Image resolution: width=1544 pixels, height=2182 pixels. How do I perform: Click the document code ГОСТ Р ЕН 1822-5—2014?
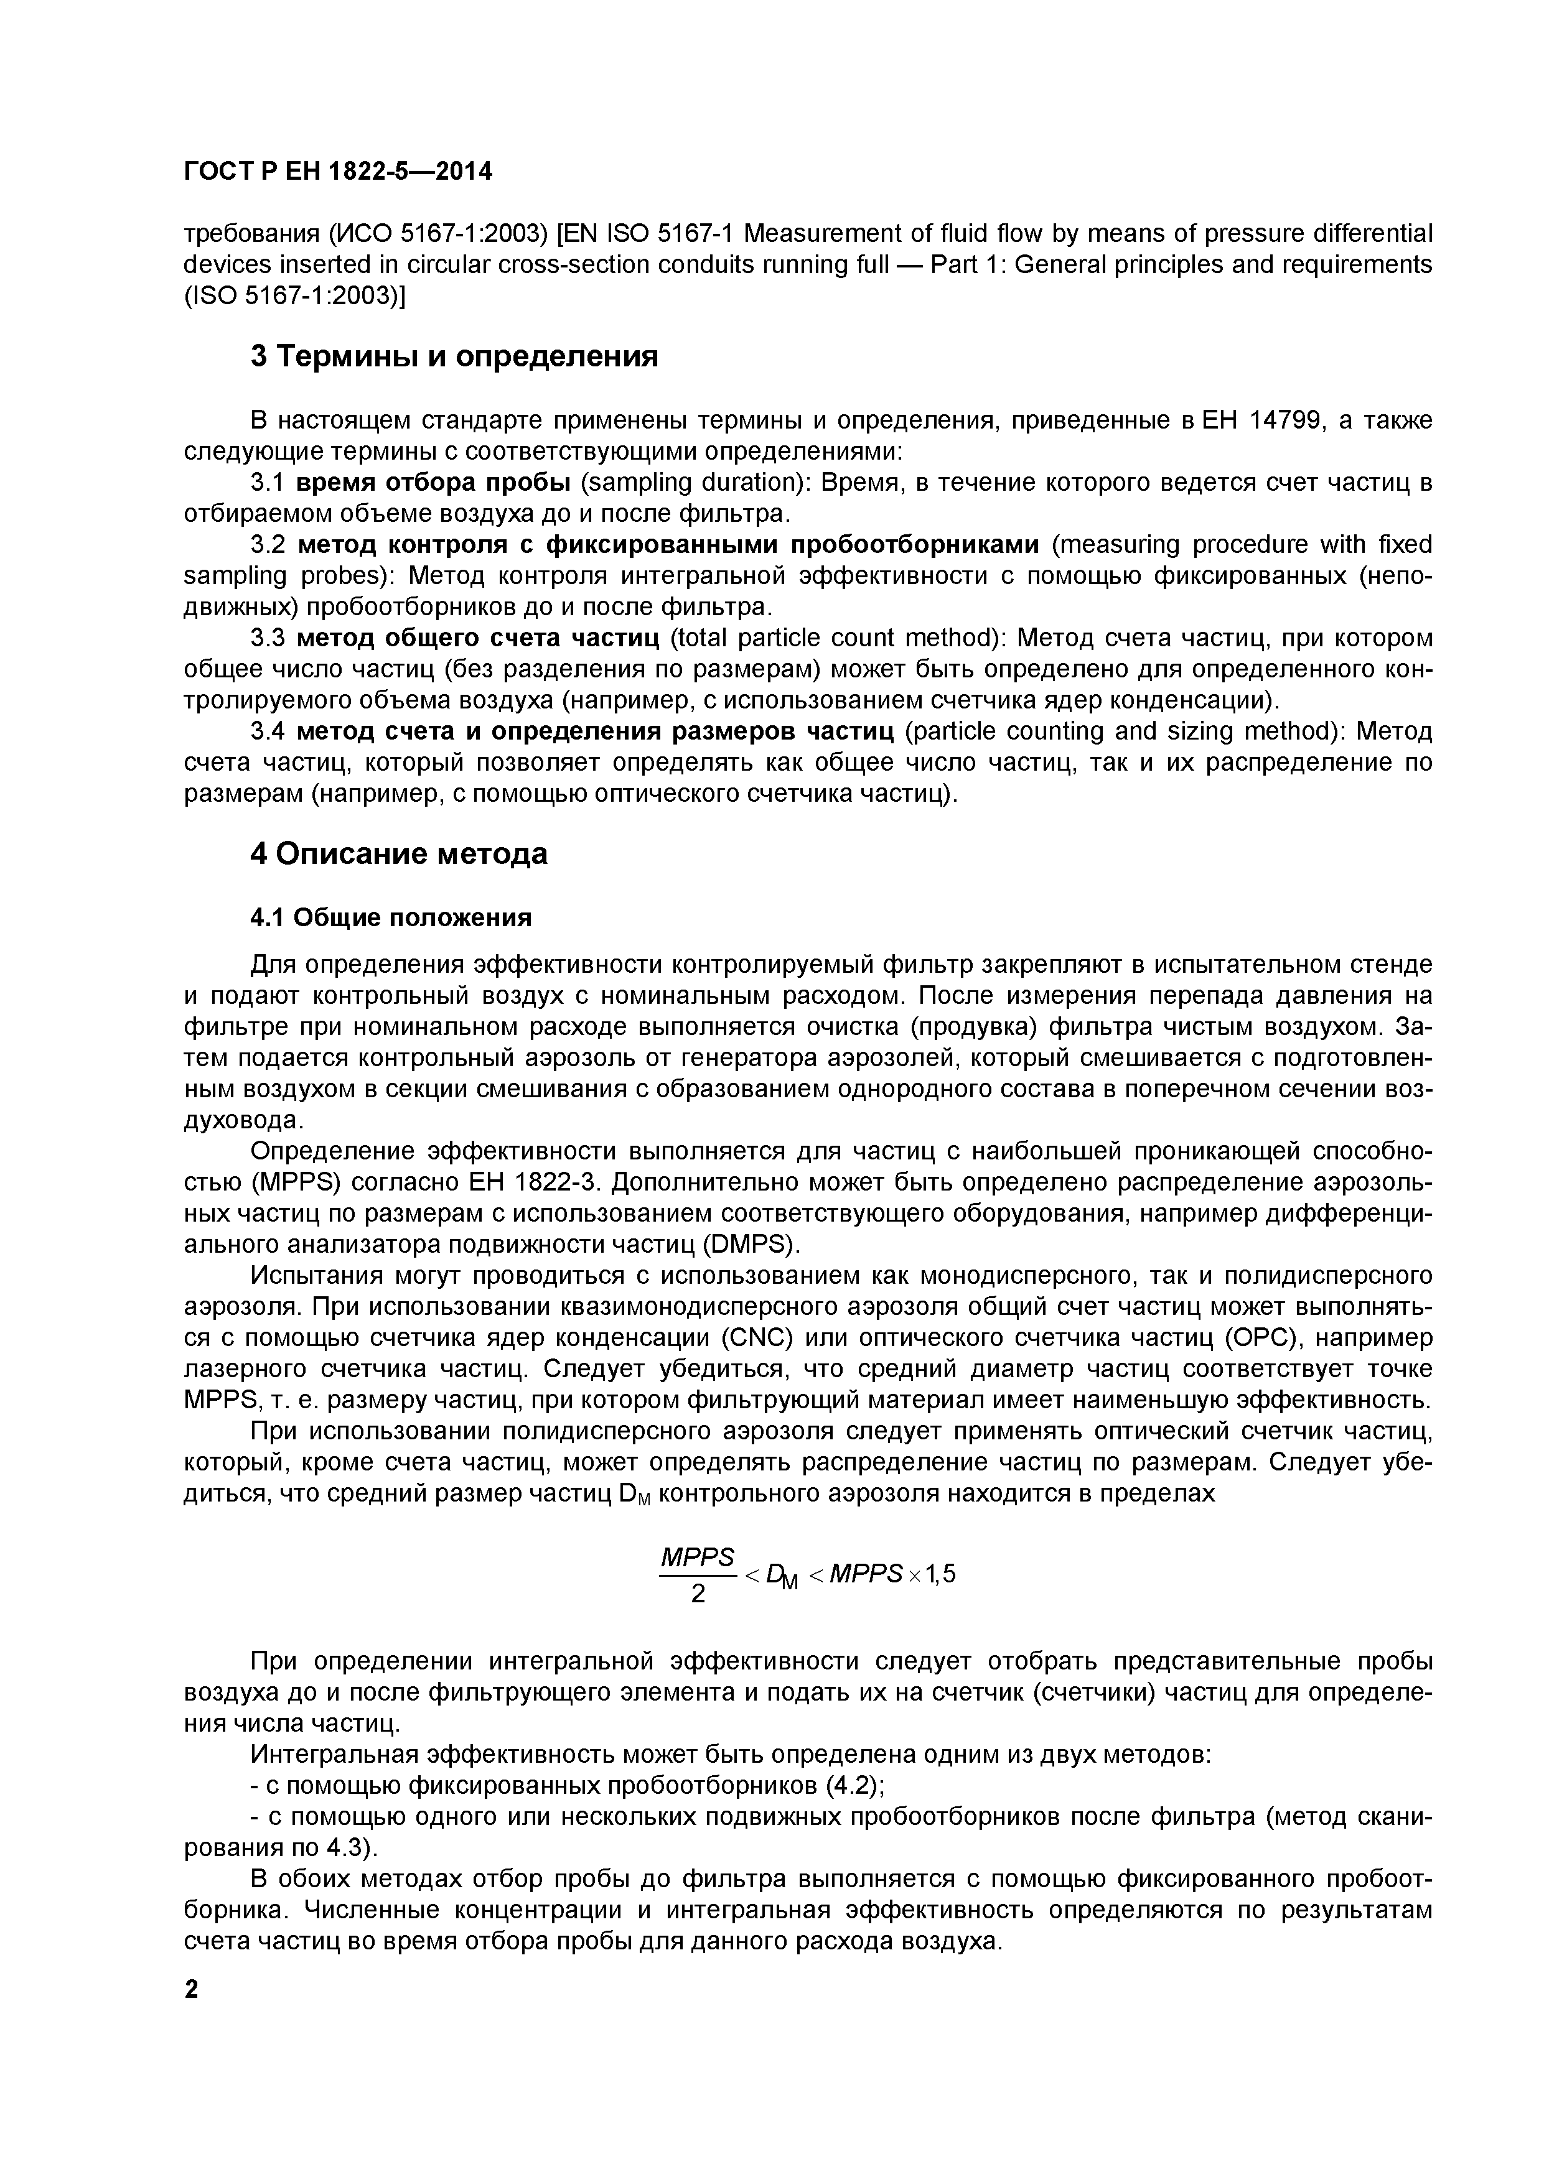point(337,172)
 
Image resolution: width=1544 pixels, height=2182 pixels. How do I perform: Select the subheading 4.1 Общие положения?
point(390,917)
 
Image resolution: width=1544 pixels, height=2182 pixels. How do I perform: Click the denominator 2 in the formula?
point(698,1594)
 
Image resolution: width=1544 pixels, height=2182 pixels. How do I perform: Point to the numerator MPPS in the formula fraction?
point(697,1557)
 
